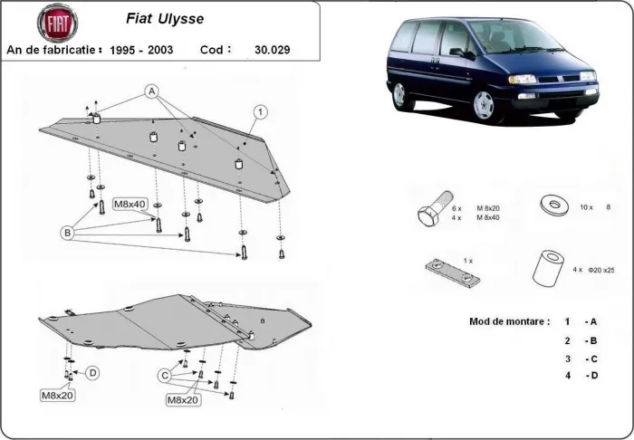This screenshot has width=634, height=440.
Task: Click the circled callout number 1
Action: click(x=260, y=111)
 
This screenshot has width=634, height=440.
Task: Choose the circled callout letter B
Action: click(x=67, y=233)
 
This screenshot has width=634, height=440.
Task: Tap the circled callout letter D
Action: click(x=92, y=372)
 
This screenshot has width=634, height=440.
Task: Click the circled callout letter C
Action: click(x=166, y=376)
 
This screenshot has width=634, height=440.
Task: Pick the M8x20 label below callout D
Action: click(x=57, y=396)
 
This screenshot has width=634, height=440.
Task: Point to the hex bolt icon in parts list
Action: click(x=432, y=213)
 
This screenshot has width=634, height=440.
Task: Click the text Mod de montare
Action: click(x=509, y=321)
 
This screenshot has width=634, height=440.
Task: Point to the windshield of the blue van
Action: click(x=504, y=38)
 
